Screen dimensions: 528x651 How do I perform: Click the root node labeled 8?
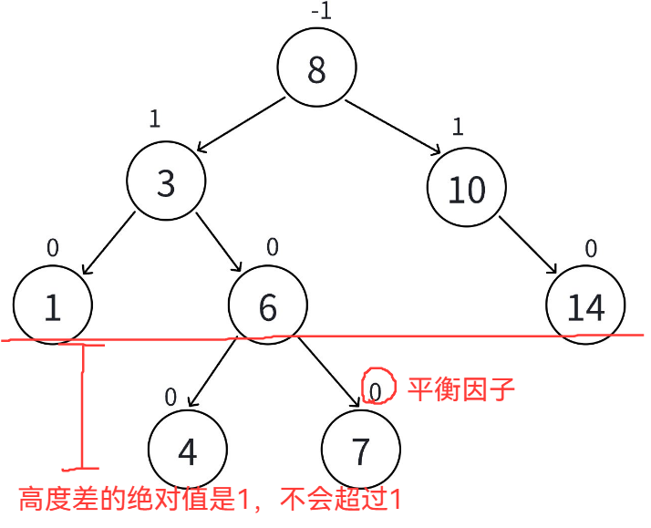[316, 70]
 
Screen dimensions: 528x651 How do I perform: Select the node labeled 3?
[165, 184]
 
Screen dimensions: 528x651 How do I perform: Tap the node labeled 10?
[467, 189]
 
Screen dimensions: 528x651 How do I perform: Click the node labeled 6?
[267, 307]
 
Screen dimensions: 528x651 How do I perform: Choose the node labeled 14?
[586, 307]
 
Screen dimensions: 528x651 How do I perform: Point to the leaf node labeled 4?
[187, 450]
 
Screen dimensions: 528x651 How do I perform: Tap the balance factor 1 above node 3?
[154, 119]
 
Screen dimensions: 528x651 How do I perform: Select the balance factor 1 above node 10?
[458, 126]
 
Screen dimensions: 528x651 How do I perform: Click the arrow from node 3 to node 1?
[110, 243]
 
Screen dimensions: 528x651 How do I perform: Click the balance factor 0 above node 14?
[590, 247]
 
